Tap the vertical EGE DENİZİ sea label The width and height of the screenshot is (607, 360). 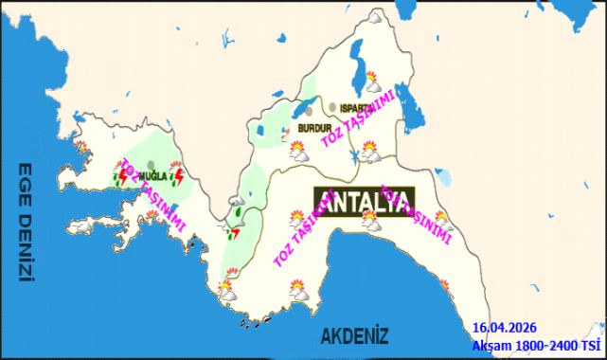point(26,224)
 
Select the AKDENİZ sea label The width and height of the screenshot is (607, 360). point(355,335)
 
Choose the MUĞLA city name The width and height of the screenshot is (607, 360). point(152,176)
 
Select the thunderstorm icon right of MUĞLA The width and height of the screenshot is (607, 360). point(174,176)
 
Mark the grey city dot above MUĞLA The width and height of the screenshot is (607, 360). point(151,164)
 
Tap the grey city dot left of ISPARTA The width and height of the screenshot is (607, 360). point(333,106)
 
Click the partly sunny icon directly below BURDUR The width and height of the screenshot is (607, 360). point(298,153)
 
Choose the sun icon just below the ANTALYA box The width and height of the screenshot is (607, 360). point(369,224)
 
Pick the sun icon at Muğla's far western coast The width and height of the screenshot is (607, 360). point(82,148)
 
